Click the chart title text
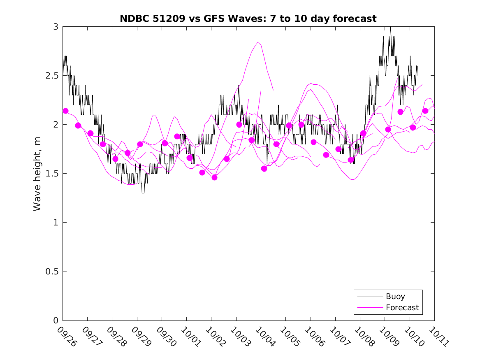pos(248,19)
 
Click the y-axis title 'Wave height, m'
pos(37,174)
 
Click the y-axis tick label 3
pos(56,27)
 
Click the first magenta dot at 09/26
pos(65,111)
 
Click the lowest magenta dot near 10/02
pos(214,177)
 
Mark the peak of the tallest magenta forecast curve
pos(258,42)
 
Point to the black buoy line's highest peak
pos(390,27)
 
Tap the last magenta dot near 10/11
pos(425,111)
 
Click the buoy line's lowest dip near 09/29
pos(143,193)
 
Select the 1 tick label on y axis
pos(56,223)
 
